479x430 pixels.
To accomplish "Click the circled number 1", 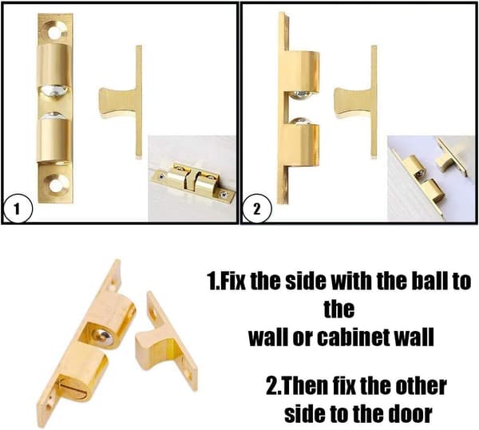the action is pyautogui.click(x=17, y=209).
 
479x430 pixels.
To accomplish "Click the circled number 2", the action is pyautogui.click(x=256, y=209).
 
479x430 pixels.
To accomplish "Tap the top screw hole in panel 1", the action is pyautogui.click(x=56, y=32).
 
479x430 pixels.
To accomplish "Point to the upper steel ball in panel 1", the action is pyautogui.click(x=55, y=91).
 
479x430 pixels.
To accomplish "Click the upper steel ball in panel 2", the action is pyautogui.click(x=302, y=95).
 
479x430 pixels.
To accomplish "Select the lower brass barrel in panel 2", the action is pyautogui.click(x=300, y=145).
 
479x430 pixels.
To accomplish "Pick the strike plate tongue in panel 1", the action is pyautogui.click(x=117, y=101).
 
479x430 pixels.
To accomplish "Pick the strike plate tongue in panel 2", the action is pyautogui.click(x=352, y=101).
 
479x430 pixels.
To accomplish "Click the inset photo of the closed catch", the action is pyautogui.click(x=192, y=178).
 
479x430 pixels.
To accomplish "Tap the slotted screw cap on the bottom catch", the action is pyautogui.click(x=73, y=387).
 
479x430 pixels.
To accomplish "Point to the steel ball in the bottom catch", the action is pyautogui.click(x=104, y=337).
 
